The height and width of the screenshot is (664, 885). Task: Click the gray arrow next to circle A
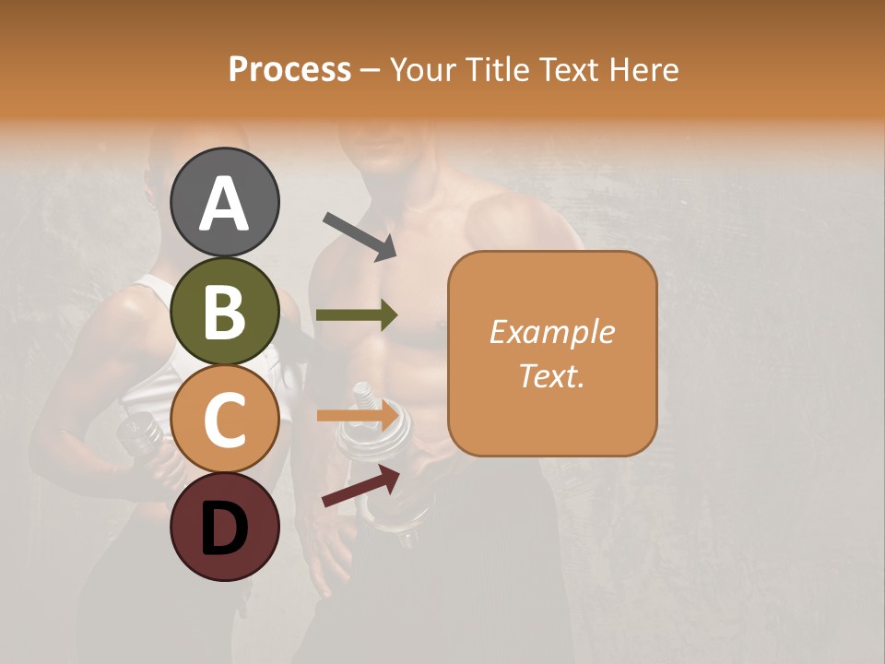coord(359,235)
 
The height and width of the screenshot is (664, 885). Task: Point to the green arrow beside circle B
coord(357,315)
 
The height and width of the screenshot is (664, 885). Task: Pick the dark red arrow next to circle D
coord(360,487)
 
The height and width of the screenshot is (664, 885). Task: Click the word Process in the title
coord(289,70)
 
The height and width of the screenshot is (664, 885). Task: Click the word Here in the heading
coord(645,70)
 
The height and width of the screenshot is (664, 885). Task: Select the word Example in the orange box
coord(551,332)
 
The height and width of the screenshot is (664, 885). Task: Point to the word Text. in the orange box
coord(551,375)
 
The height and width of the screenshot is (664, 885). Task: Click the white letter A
coord(224,203)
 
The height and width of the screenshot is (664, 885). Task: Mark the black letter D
coord(224,528)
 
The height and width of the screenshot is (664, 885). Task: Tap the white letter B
coord(224,312)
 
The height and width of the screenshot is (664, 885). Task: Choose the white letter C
coord(224,420)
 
